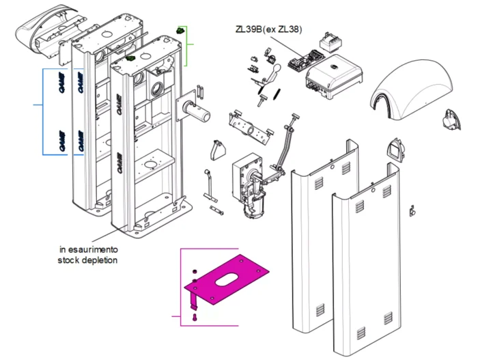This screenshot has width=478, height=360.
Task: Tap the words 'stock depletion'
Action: click(87, 260)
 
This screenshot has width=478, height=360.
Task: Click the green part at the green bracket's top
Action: click(180, 31)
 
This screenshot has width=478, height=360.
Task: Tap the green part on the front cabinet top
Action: click(130, 59)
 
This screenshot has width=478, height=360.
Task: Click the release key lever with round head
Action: click(274, 73)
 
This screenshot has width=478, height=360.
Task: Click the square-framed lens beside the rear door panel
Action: click(395, 148)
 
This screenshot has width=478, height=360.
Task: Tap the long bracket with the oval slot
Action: click(247, 126)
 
